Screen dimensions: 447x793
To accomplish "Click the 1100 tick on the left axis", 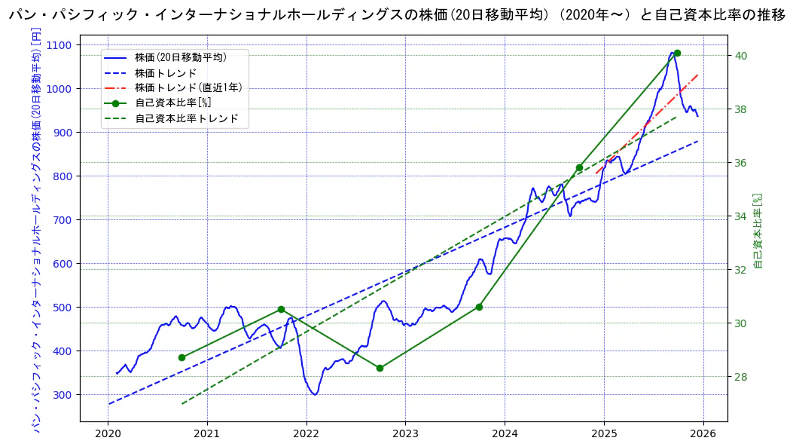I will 60,45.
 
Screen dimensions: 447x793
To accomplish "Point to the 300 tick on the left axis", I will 63,395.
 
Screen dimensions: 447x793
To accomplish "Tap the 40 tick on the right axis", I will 741,56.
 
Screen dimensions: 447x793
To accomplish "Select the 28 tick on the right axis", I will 741,377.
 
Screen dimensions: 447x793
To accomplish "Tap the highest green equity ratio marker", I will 677,53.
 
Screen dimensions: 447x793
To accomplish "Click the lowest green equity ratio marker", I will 380,368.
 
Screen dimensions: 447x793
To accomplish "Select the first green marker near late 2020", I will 181,357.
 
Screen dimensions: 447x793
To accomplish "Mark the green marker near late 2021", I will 281,309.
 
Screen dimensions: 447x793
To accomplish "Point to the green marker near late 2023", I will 479,307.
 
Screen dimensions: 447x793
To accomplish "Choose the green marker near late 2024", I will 579,167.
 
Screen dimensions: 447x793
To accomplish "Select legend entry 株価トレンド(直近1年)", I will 188,87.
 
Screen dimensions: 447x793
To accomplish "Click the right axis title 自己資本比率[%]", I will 758,230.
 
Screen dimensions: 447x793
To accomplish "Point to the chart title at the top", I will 396,16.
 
